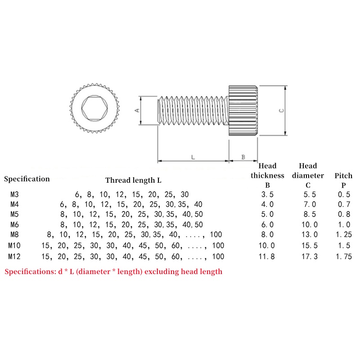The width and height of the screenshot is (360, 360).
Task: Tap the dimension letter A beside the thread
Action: click(x=137, y=110)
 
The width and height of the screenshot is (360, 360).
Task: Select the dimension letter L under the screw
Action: click(x=193, y=157)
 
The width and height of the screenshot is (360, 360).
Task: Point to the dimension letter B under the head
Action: click(x=243, y=157)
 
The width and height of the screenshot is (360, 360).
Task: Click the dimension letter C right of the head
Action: click(x=281, y=110)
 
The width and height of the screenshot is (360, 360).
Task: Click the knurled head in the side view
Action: click(x=243, y=110)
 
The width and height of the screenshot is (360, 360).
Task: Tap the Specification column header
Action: click(x=27, y=179)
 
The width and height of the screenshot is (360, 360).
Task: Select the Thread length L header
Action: click(x=133, y=180)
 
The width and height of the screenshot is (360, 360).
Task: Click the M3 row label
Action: click(x=14, y=195)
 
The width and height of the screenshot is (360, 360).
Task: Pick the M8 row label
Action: click(x=14, y=234)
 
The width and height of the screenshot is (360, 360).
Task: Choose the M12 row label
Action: click(x=15, y=257)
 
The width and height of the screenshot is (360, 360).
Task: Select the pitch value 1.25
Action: click(x=344, y=234)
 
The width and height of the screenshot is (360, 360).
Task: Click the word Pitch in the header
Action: click(x=343, y=175)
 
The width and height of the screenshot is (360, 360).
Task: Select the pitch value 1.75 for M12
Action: click(x=344, y=257)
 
